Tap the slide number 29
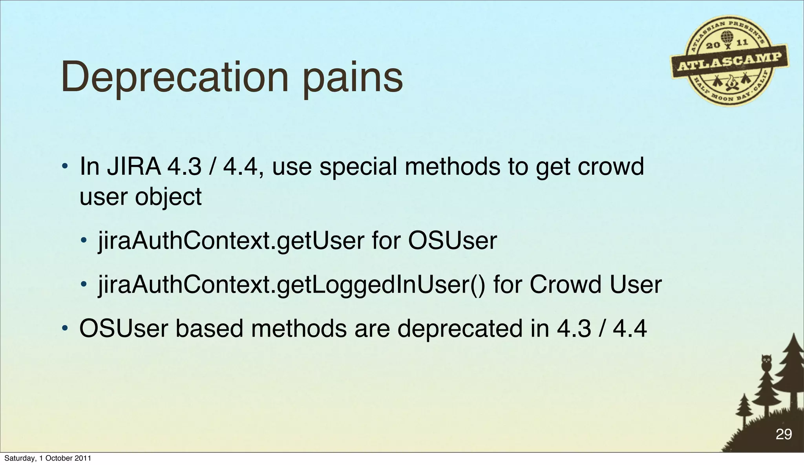(x=784, y=434)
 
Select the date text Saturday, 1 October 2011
(x=48, y=458)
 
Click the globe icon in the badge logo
(x=727, y=37)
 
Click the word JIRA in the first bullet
(x=133, y=167)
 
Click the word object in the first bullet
(x=168, y=197)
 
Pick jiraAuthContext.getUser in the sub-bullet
(x=231, y=241)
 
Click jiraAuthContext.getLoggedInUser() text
(x=292, y=285)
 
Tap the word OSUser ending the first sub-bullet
(x=452, y=241)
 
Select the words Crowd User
(x=596, y=285)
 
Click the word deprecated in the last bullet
(x=460, y=329)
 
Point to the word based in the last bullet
(x=209, y=329)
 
